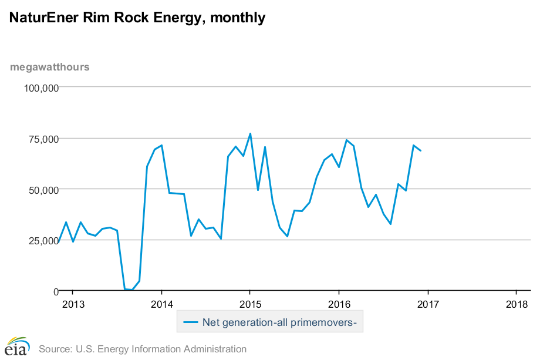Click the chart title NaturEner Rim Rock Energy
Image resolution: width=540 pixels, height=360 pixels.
pyautogui.click(x=137, y=18)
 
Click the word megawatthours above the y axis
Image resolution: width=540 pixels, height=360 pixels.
pyautogui.click(x=50, y=66)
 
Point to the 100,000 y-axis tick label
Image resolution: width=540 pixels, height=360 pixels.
pyautogui.click(x=41, y=88)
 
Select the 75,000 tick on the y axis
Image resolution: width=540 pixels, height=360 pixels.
pyautogui.click(x=42, y=139)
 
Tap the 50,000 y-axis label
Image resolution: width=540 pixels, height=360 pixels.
pyautogui.click(x=42, y=190)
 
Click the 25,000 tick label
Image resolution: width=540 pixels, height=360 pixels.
pyautogui.click(x=42, y=240)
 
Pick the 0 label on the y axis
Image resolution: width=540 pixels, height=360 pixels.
pyautogui.click(x=55, y=291)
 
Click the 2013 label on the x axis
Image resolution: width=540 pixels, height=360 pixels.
pyautogui.click(x=73, y=304)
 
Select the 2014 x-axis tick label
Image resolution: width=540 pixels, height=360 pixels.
pyautogui.click(x=161, y=304)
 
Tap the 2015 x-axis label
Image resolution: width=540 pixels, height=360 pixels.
pyautogui.click(x=250, y=304)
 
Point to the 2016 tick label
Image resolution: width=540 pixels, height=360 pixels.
pyautogui.click(x=339, y=304)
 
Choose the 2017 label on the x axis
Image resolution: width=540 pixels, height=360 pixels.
pyautogui.click(x=427, y=304)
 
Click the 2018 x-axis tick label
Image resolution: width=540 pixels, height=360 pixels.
pyautogui.click(x=517, y=304)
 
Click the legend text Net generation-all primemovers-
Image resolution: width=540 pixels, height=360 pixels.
pyautogui.click(x=279, y=322)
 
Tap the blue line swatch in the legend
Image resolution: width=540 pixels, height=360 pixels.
pyautogui.click(x=191, y=322)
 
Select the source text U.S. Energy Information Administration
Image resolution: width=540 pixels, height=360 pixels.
pyautogui.click(x=143, y=349)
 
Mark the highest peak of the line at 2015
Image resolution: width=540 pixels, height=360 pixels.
pyautogui.click(x=250, y=133)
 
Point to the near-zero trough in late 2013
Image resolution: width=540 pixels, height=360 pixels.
pyautogui.click(x=132, y=290)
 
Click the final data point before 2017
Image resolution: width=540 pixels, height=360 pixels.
pyautogui.click(x=421, y=151)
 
